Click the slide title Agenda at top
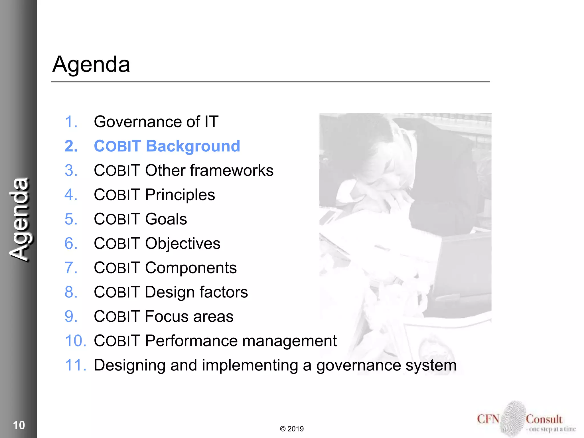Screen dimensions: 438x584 point(91,64)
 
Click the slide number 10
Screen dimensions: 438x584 point(19,425)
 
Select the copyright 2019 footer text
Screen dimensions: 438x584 point(292,429)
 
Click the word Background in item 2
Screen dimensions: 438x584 point(193,146)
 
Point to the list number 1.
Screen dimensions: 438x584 point(71,122)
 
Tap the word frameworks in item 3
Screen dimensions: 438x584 point(232,171)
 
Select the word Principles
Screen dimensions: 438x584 point(180,195)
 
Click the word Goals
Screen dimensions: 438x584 point(166,219)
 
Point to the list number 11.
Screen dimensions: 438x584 point(75,365)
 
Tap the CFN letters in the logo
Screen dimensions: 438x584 point(488,419)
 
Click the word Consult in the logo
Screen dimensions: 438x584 point(544,419)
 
